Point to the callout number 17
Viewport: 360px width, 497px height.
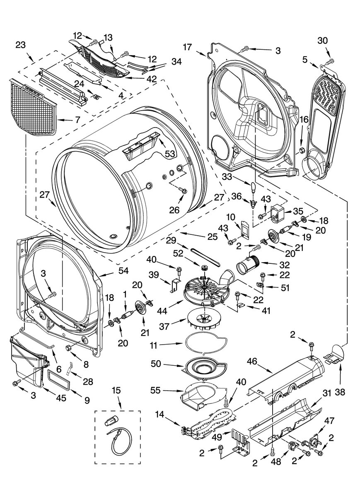[x=187, y=47]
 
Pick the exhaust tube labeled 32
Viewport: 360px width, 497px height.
[x=247, y=264]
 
